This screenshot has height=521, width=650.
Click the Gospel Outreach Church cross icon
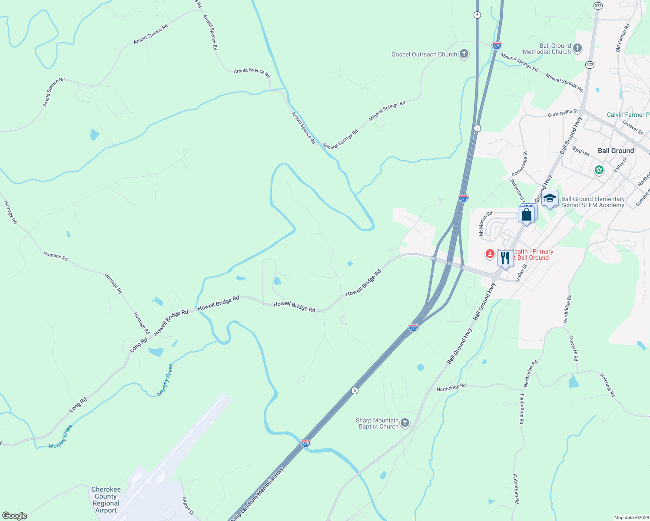(x=464, y=54)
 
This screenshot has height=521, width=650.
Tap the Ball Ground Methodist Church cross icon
(x=577, y=48)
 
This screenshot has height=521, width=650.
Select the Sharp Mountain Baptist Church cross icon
(x=405, y=423)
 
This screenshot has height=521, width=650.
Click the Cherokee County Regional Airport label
(x=106, y=500)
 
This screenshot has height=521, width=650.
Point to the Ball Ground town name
(x=616, y=151)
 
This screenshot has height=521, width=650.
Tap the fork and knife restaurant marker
(x=505, y=258)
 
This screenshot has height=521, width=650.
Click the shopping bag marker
(x=526, y=214)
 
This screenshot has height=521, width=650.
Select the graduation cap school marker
(x=550, y=198)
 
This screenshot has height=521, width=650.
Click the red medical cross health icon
(x=490, y=254)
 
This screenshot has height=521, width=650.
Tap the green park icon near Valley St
(x=599, y=170)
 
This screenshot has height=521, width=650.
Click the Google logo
(x=15, y=516)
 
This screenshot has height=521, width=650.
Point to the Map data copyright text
(x=631, y=518)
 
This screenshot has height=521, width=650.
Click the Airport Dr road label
(x=188, y=506)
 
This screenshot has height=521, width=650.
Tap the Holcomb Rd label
(x=608, y=385)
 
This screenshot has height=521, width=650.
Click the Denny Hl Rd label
(x=574, y=348)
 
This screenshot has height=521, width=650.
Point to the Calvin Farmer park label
(x=627, y=115)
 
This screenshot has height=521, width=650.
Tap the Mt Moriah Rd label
(x=485, y=223)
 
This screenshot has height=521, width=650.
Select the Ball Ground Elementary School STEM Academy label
(x=593, y=202)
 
